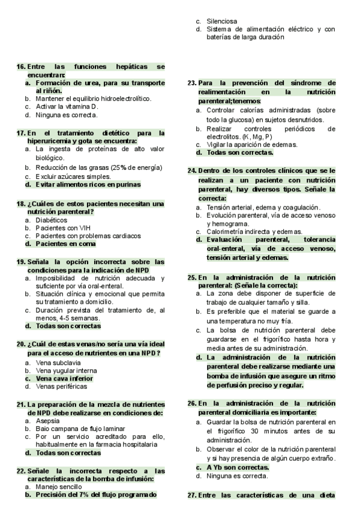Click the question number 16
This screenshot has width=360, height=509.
(21, 67)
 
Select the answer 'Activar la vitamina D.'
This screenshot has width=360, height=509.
(66, 106)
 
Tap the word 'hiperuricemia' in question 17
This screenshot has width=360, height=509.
(52, 140)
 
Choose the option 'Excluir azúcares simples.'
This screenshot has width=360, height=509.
(73, 176)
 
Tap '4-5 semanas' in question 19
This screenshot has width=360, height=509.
(71, 318)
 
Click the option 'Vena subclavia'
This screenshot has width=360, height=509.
(59, 363)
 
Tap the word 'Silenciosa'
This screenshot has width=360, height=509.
(221, 21)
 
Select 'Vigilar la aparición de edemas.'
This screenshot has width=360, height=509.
(251, 145)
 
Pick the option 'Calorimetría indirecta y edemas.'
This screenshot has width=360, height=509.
(254, 232)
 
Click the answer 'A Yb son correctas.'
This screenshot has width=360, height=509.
(238, 466)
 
